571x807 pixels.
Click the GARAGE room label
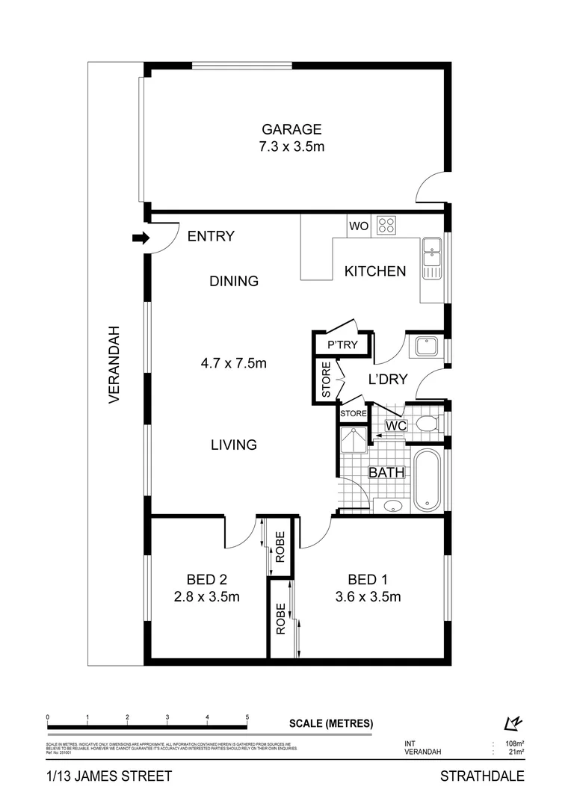tap(291, 129)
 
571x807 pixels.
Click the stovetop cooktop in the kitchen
tap(386, 225)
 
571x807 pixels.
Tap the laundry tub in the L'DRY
tap(427, 347)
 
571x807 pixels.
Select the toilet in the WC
tap(427, 424)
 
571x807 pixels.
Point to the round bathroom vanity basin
tap(393, 506)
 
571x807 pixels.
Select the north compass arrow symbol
tap(512, 723)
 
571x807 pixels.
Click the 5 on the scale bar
tap(247, 717)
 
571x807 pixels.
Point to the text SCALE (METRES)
tap(330, 723)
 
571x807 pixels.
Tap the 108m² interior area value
tap(514, 744)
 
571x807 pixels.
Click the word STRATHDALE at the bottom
tap(481, 776)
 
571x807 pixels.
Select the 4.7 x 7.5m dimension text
tap(234, 364)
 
